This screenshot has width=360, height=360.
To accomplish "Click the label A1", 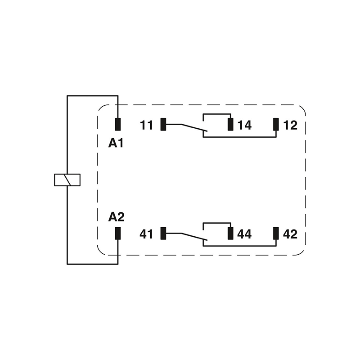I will (116, 144).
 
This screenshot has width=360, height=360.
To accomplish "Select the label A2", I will (116, 217).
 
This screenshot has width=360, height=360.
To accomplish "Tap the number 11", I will (147, 125).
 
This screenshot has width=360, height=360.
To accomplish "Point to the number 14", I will (245, 125).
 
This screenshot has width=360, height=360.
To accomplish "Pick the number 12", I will (291, 125).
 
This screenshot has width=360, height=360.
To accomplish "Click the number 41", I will (147, 234).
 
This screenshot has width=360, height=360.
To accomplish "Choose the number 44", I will (245, 234).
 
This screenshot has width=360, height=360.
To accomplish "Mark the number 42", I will (291, 234).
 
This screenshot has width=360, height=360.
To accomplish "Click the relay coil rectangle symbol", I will (67, 180).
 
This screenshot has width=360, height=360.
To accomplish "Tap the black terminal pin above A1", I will (118, 124).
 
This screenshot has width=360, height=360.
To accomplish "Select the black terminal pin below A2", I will (118, 233).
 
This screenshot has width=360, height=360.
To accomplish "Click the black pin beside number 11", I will (163, 124).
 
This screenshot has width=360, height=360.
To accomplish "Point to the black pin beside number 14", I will (230, 124).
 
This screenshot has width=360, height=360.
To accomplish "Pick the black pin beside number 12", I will (276, 124).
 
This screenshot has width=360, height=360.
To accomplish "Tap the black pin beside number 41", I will (163, 233).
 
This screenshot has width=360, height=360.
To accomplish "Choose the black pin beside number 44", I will (230, 233).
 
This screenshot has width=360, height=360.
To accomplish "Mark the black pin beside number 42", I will (276, 233).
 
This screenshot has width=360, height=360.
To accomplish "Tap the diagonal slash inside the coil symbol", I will (67, 180).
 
